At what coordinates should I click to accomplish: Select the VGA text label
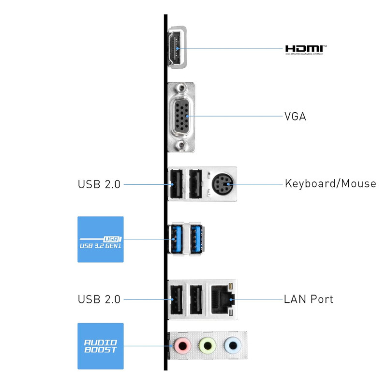[295, 117]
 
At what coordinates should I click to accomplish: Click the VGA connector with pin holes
[181, 117]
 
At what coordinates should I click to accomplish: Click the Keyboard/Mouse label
[330, 184]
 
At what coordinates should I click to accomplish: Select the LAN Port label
[309, 299]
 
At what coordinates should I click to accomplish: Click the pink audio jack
[181, 345]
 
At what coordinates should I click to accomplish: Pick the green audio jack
[207, 345]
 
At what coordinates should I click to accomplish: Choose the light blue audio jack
[233, 345]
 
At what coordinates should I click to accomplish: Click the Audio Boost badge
[101, 346]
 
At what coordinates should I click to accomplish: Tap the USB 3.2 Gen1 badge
[101, 239]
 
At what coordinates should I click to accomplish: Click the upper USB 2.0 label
[99, 184]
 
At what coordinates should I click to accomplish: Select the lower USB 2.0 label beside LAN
[99, 299]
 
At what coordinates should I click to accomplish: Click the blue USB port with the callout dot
[175, 239]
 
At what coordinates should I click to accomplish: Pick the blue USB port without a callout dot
[196, 239]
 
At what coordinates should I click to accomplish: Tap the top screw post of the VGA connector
[181, 89]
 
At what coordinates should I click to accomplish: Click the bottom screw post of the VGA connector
[181, 145]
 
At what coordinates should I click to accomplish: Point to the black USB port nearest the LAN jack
[196, 299]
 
